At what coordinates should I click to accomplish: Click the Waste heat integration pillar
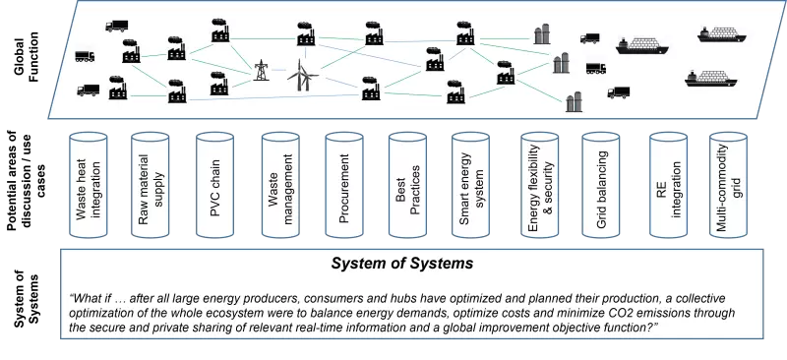tap(90, 187)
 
